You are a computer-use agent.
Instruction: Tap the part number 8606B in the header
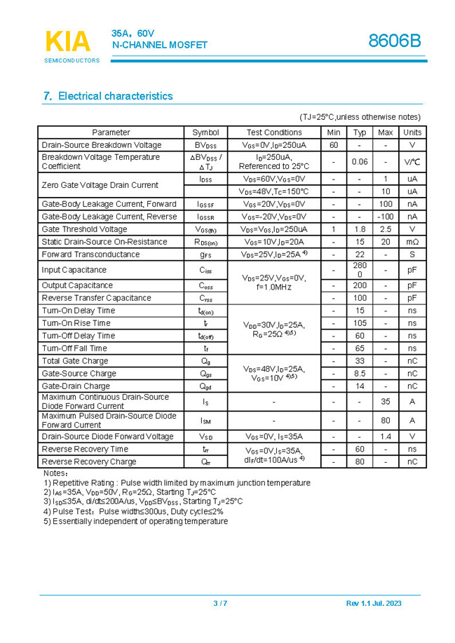(x=395, y=41)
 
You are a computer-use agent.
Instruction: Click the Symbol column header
(x=205, y=133)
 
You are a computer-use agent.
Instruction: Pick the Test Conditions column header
(x=274, y=133)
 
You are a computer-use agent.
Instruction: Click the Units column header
(x=412, y=133)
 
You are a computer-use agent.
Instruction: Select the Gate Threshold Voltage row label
(x=84, y=229)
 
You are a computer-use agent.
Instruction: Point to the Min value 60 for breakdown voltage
(x=334, y=145)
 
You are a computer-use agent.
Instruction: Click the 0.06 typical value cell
(x=360, y=162)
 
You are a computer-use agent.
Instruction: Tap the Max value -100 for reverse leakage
(x=386, y=217)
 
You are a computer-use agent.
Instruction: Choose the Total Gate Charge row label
(x=75, y=361)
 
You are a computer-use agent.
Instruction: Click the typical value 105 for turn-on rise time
(x=360, y=323)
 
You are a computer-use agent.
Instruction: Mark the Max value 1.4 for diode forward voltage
(x=386, y=437)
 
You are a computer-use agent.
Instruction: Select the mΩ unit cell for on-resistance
(x=412, y=242)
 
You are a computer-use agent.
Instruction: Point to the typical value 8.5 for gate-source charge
(x=360, y=374)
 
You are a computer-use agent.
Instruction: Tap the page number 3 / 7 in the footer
(x=220, y=604)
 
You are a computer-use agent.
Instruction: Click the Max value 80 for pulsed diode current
(x=386, y=421)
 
